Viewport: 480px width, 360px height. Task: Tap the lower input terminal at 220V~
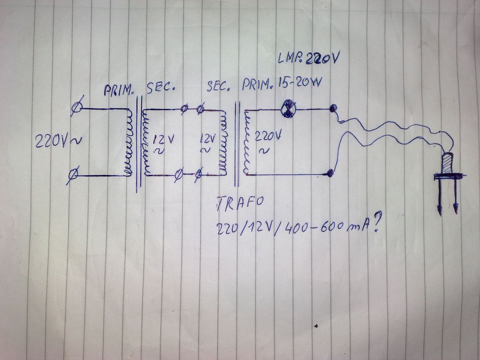click(74, 174)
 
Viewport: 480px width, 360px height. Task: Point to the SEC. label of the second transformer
click(218, 87)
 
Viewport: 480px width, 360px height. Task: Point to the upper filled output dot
click(331, 109)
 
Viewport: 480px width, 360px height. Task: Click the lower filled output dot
click(330, 173)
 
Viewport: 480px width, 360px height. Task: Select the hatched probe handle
click(447, 164)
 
